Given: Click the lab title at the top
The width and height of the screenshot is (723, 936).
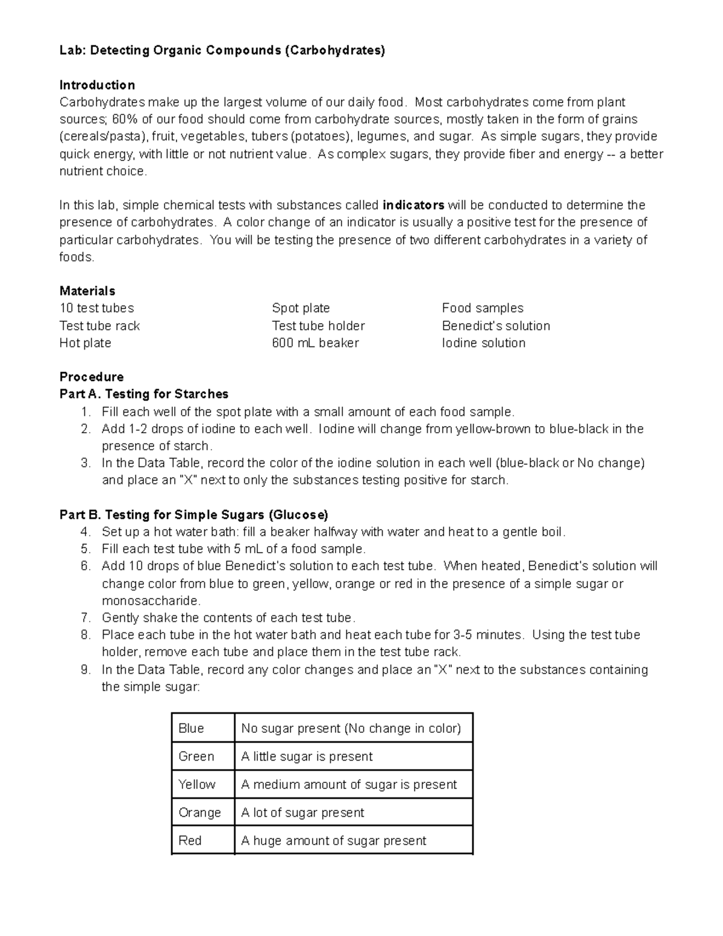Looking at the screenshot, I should point(222,51).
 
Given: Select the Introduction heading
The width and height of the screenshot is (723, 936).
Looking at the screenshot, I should point(97,85).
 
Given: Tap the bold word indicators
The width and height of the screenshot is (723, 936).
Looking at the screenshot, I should point(413,206).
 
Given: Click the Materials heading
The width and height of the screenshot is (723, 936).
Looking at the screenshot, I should point(87,291).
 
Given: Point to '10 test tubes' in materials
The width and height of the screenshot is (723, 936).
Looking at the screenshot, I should point(96,309).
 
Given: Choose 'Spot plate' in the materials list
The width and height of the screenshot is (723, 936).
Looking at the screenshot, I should point(301,309).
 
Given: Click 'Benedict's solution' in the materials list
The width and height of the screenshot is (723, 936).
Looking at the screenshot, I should point(495,326).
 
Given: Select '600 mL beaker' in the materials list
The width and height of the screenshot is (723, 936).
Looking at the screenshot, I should point(315,343).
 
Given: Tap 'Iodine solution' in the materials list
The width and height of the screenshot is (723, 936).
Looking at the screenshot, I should point(483,343).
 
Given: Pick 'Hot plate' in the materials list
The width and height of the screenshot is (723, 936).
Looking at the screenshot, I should point(85,343).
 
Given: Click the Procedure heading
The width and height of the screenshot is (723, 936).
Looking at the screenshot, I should point(92,377).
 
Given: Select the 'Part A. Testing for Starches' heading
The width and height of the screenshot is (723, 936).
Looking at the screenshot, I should point(144,394).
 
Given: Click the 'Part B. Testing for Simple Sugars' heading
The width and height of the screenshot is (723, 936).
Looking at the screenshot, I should point(193,515).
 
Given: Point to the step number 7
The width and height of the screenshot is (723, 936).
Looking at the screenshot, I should point(86,618).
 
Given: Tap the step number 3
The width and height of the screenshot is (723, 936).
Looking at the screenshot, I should point(86,463).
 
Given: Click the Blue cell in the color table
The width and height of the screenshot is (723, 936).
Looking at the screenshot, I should point(192,729).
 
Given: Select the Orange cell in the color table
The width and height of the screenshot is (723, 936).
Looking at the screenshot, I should point(199,813).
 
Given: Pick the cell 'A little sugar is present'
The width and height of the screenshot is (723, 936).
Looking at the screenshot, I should point(307,757).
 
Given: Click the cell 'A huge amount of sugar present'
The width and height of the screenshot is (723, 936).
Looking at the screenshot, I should point(333,841).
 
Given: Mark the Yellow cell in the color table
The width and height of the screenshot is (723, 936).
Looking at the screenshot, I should point(197,785).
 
